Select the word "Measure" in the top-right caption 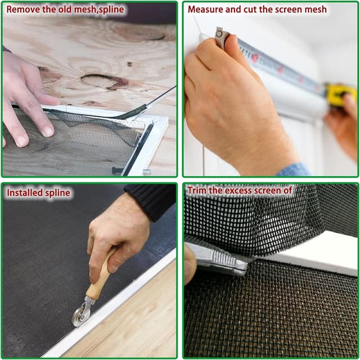[x=205, y=10]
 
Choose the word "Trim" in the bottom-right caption [x=197, y=191]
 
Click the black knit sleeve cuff [x=150, y=200]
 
